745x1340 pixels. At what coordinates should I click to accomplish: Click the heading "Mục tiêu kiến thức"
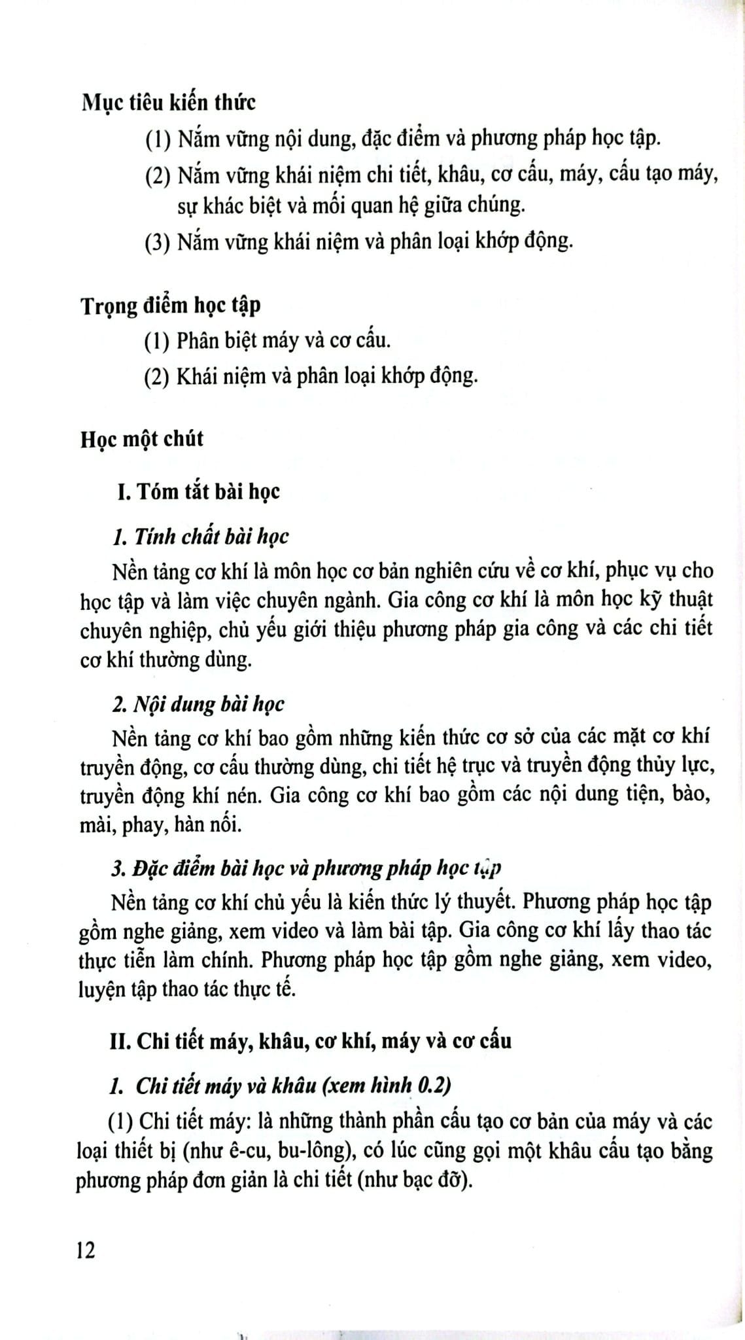pos(168,103)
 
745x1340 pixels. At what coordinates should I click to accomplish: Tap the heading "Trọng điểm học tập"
pos(170,305)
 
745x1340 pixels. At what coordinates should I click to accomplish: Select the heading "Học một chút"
pos(142,438)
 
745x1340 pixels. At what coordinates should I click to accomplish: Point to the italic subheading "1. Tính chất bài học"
pos(200,537)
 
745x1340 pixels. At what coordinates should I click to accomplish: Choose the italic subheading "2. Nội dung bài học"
pos(198,704)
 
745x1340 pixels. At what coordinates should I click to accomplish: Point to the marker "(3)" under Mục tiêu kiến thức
pos(158,242)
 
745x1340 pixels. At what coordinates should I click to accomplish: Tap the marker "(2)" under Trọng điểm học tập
pos(158,376)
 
